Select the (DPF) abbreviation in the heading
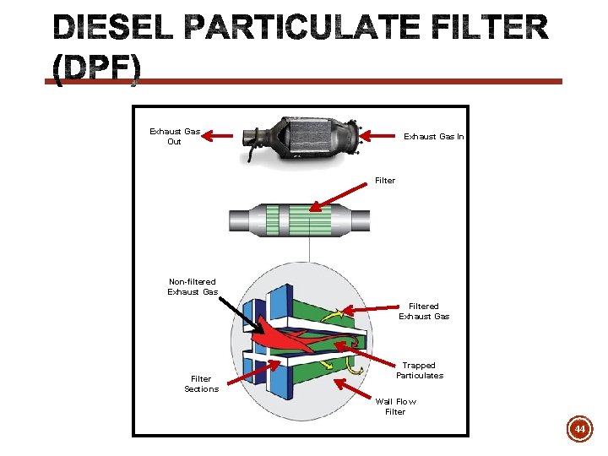tap(97, 69)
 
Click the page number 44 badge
tap(579, 430)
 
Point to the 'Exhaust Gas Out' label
tap(174, 136)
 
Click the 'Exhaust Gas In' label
tap(433, 136)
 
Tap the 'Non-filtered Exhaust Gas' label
tap(193, 286)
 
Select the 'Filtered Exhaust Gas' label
tap(424, 311)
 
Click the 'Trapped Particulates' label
tap(419, 370)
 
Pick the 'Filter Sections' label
tap(201, 383)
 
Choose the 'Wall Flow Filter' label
tap(395, 406)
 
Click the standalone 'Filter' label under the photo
tap(384, 180)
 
